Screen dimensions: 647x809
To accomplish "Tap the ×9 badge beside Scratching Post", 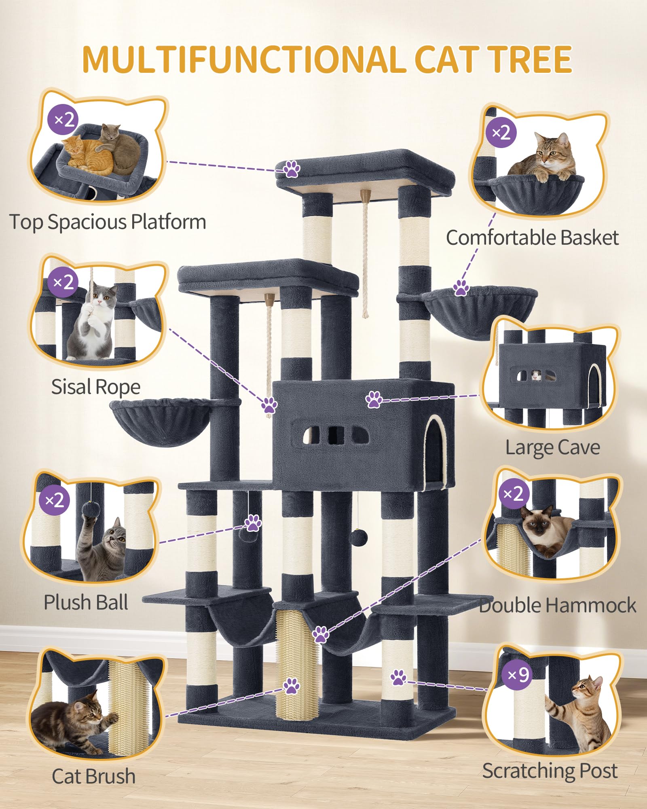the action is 518,674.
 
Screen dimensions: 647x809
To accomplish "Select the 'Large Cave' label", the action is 552,447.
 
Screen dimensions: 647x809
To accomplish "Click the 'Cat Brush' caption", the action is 93,776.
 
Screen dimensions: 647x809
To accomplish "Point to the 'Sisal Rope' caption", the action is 96,387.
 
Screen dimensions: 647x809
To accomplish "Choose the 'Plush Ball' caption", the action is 86,602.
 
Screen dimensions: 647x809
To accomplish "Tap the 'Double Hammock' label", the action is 557,605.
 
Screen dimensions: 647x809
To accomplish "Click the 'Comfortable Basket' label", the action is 532,237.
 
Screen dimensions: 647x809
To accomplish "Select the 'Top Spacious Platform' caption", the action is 108,222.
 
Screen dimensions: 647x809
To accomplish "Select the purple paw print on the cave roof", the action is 374,399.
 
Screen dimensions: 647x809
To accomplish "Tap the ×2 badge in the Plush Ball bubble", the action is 55,500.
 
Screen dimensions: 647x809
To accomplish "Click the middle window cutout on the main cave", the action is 336,435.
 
